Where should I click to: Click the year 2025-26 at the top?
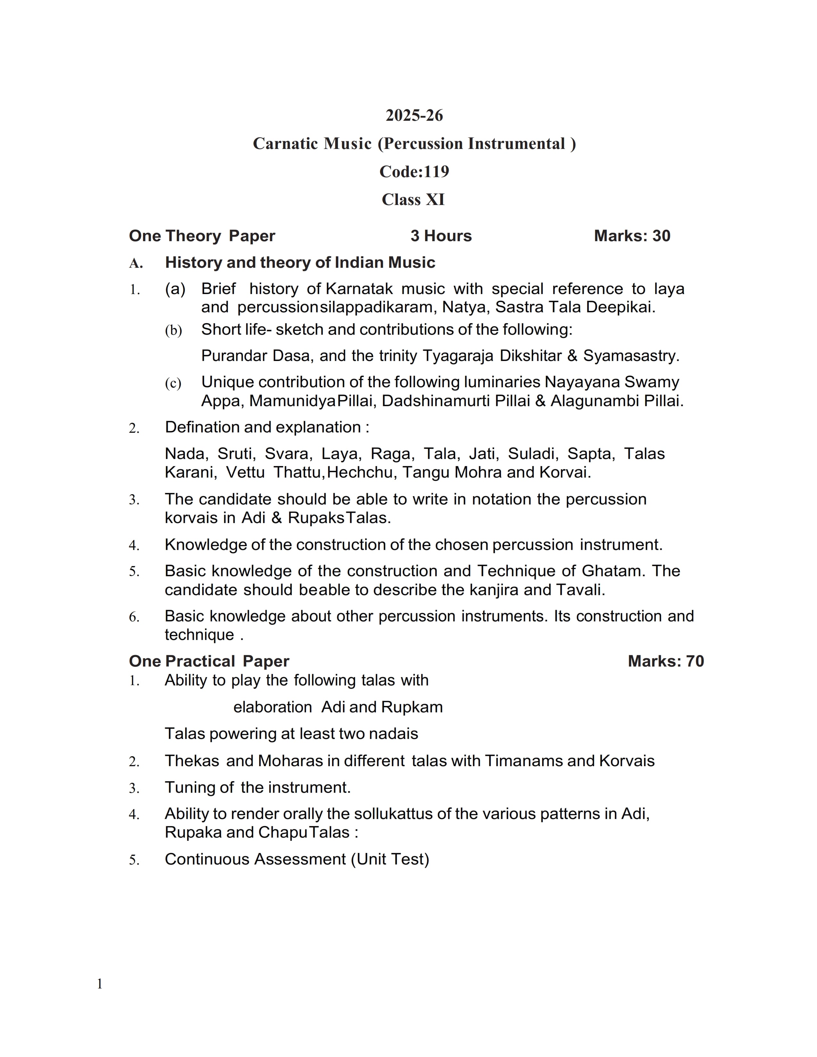414,115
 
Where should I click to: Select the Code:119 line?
414,171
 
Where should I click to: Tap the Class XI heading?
413,200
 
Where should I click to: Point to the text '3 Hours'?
441,236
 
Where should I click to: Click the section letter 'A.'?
136,263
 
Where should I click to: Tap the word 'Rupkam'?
412,707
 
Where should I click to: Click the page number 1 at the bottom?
100,984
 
